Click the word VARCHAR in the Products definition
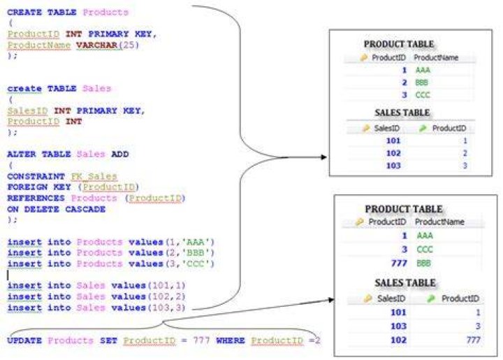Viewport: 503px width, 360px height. (x=97, y=45)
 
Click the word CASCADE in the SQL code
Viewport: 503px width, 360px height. (x=85, y=209)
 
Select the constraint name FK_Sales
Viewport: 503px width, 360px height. (x=94, y=176)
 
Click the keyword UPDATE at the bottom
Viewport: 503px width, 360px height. (x=24, y=340)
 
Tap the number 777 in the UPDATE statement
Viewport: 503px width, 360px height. (x=201, y=340)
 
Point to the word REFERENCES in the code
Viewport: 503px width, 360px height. (x=36, y=198)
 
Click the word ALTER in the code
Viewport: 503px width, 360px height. (x=22, y=154)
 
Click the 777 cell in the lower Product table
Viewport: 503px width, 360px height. (x=399, y=263)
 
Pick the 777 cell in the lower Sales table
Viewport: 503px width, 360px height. (x=473, y=340)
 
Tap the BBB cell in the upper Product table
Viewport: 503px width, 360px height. (x=421, y=82)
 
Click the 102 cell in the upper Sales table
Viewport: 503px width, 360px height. (x=393, y=153)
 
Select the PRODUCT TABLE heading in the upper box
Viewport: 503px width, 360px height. (x=399, y=44)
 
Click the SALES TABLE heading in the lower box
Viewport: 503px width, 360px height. (x=405, y=282)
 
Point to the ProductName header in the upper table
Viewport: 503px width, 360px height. (x=436, y=58)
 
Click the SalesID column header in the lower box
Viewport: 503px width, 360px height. (x=391, y=298)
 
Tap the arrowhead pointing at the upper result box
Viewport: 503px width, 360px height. (x=323, y=157)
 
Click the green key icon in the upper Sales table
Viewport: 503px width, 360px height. (x=423, y=129)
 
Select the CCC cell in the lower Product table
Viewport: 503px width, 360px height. (x=425, y=250)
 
